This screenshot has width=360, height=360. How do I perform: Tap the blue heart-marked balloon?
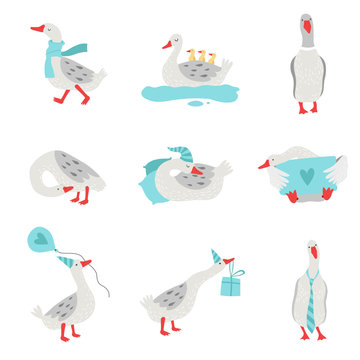[40, 240]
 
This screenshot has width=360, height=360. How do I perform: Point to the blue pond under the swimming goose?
[190, 94]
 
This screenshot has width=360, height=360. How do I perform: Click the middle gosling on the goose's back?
[196, 56]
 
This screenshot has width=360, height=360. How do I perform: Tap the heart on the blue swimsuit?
[304, 171]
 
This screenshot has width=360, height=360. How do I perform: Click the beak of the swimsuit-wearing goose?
[264, 164]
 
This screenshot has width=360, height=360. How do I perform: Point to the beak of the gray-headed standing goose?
[307, 23]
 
